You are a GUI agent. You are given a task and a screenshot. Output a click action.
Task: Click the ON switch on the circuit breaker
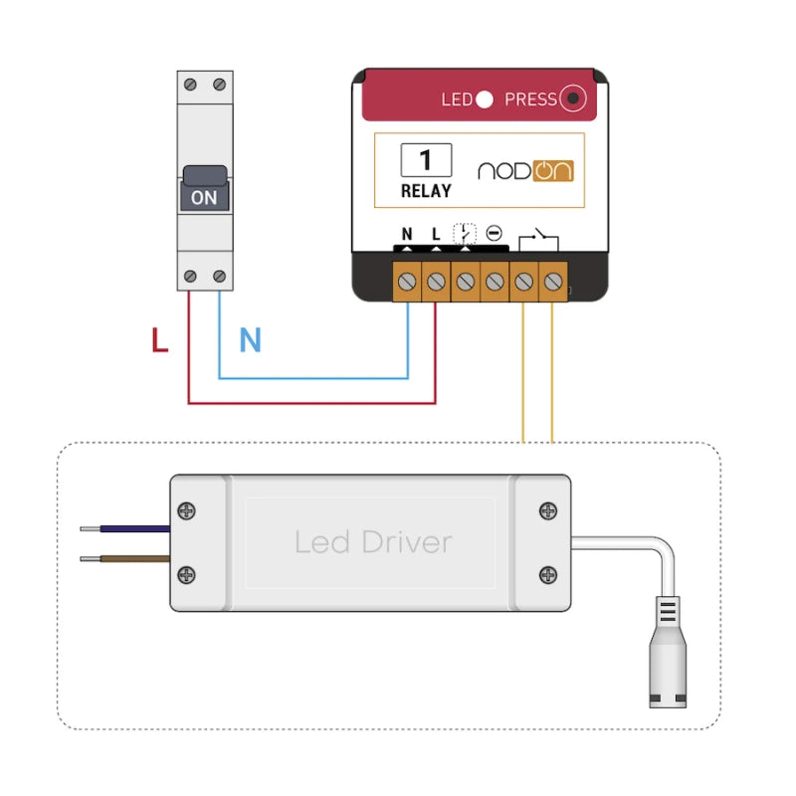click(204, 195)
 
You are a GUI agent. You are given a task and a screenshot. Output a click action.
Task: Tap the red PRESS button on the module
click(572, 99)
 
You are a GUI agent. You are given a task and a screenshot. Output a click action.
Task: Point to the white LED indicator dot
click(485, 99)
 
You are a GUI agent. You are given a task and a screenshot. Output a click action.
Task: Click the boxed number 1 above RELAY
click(426, 159)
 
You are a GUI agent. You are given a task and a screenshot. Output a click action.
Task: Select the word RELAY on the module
click(426, 190)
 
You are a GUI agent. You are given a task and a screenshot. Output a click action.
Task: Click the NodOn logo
click(525, 170)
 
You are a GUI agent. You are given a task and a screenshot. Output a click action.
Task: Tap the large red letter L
click(160, 341)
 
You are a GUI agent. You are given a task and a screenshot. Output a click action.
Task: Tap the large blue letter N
click(250, 341)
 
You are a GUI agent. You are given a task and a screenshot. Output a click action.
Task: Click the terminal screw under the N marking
click(407, 284)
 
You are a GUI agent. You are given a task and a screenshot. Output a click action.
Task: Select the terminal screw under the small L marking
click(436, 284)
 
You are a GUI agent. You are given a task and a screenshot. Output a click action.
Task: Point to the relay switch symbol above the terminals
click(538, 238)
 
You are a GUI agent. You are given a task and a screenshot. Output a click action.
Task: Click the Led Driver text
click(373, 542)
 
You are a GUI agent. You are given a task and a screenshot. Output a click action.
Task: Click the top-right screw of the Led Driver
click(548, 510)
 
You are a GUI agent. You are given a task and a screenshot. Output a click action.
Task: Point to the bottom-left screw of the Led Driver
click(186, 574)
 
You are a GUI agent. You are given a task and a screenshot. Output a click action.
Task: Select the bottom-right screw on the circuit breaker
click(219, 276)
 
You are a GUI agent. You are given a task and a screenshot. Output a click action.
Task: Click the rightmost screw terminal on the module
click(552, 284)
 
